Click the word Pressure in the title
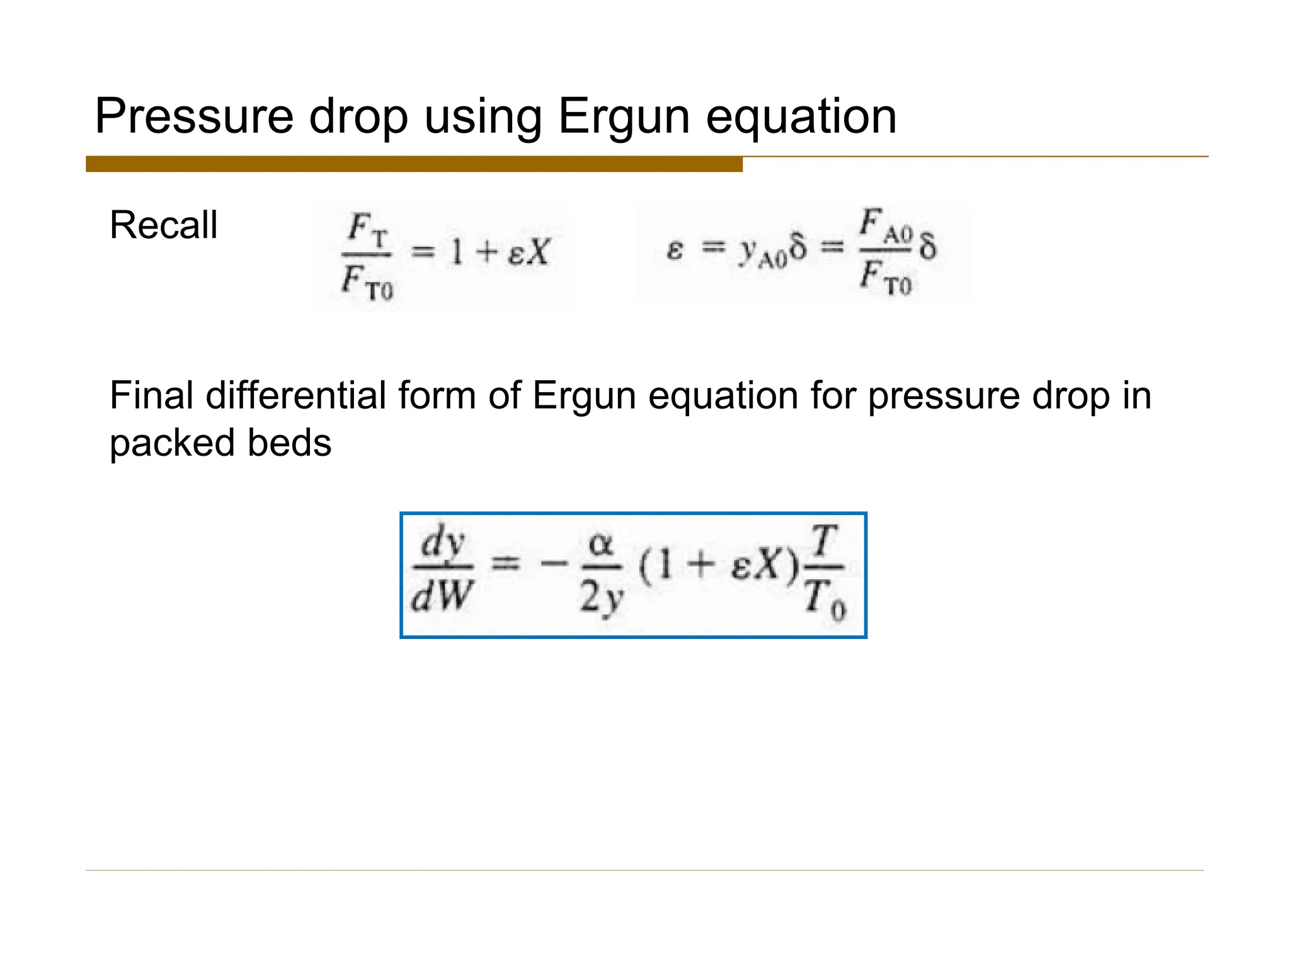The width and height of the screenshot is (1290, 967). pos(194,117)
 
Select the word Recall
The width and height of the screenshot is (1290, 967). pos(163,225)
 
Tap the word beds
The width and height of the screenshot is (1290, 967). pos(289,443)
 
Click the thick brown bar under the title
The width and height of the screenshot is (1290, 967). pos(414,164)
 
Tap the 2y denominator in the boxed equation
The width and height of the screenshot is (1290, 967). pos(601,598)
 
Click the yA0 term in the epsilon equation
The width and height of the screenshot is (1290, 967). pos(762,252)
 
